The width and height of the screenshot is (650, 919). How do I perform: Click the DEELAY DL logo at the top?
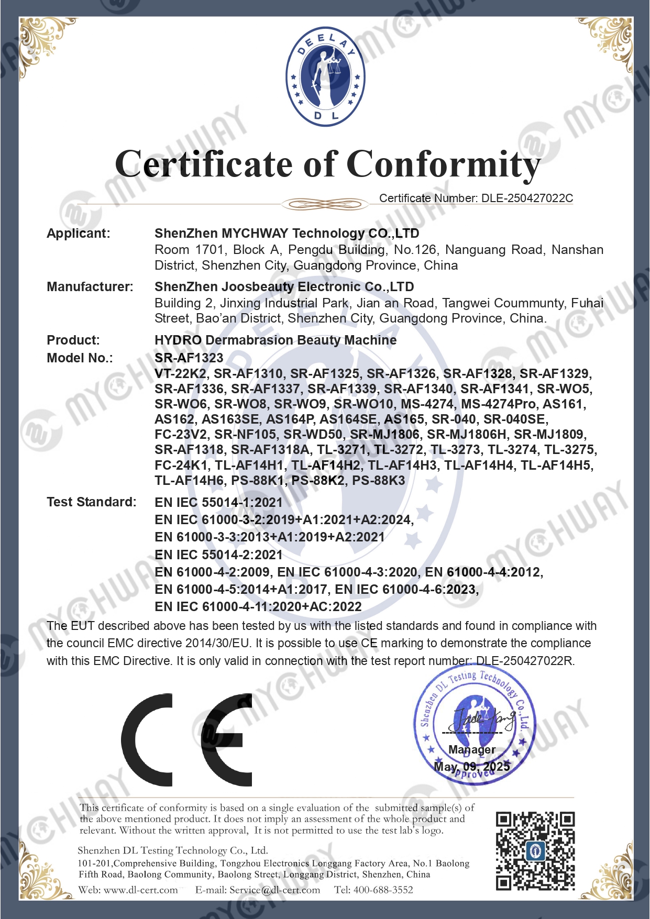325,76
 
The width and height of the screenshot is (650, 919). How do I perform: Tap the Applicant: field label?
79,234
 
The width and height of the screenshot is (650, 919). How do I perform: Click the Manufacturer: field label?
90,287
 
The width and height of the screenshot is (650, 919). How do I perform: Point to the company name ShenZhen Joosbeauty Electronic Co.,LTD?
284,287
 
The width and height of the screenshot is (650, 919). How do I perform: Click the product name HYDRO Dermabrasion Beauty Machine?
276,340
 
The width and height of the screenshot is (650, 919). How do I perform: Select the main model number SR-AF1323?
189,358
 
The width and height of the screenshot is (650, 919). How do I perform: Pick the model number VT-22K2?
181,374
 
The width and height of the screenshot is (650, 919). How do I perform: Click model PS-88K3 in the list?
378,481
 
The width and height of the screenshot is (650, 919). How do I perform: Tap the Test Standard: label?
91,502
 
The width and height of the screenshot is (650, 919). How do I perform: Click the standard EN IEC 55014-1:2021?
218,503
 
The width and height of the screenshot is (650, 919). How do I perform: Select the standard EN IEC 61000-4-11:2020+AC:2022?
258,607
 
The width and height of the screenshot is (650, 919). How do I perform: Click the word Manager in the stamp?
471,750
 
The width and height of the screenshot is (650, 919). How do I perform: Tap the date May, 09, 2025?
471,767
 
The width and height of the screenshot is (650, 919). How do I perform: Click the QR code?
535,850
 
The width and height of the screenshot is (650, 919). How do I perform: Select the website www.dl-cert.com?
140,890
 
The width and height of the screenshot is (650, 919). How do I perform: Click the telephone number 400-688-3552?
383,890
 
